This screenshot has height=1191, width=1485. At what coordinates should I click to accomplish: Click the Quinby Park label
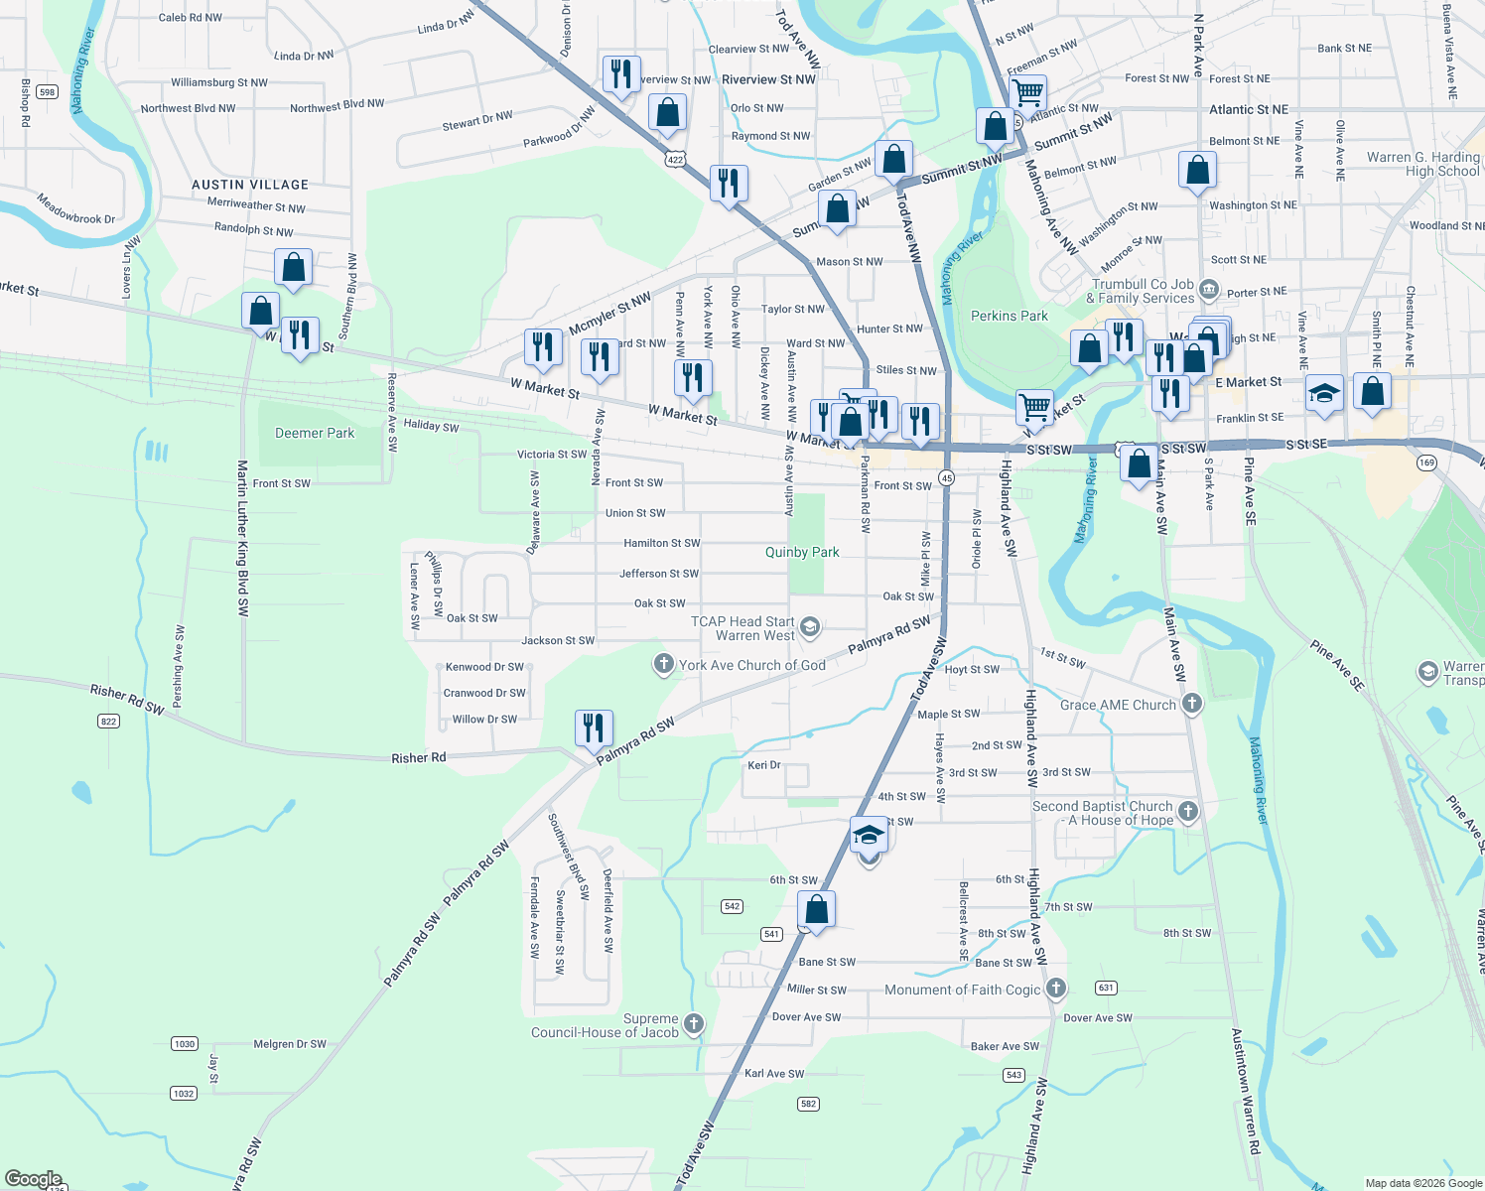[802, 553]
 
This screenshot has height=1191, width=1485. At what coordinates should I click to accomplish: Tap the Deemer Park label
[314, 434]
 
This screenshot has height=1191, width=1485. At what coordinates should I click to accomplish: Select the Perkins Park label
[1009, 317]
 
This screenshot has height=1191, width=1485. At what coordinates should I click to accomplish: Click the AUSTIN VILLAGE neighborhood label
[250, 185]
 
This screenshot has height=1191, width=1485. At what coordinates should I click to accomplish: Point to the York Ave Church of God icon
[663, 665]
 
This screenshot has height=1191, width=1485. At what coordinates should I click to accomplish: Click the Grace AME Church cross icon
[1191, 705]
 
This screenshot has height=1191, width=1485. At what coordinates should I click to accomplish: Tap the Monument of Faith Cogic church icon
[1056, 989]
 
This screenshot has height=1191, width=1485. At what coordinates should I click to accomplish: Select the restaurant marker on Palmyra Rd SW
[594, 728]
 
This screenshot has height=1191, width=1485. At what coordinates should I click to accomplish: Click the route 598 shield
[47, 92]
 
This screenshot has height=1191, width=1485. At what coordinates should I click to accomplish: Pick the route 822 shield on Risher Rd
[108, 722]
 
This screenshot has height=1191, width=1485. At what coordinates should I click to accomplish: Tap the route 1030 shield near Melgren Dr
[185, 1044]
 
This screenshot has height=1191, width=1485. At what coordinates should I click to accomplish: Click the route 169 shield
[1426, 463]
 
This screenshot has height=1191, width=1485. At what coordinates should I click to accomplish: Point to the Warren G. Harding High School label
[1422, 164]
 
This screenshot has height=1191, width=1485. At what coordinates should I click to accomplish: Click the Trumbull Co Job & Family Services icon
[1208, 290]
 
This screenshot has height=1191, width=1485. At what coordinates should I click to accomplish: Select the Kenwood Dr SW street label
[484, 667]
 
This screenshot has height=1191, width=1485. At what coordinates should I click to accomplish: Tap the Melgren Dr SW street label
[290, 1044]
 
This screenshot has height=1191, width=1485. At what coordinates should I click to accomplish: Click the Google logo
[33, 1179]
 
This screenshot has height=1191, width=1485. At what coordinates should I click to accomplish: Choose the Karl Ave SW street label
[774, 1074]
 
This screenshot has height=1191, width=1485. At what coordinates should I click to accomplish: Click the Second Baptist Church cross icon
[1187, 813]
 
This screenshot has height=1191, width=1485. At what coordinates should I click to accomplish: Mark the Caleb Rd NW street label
[191, 18]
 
